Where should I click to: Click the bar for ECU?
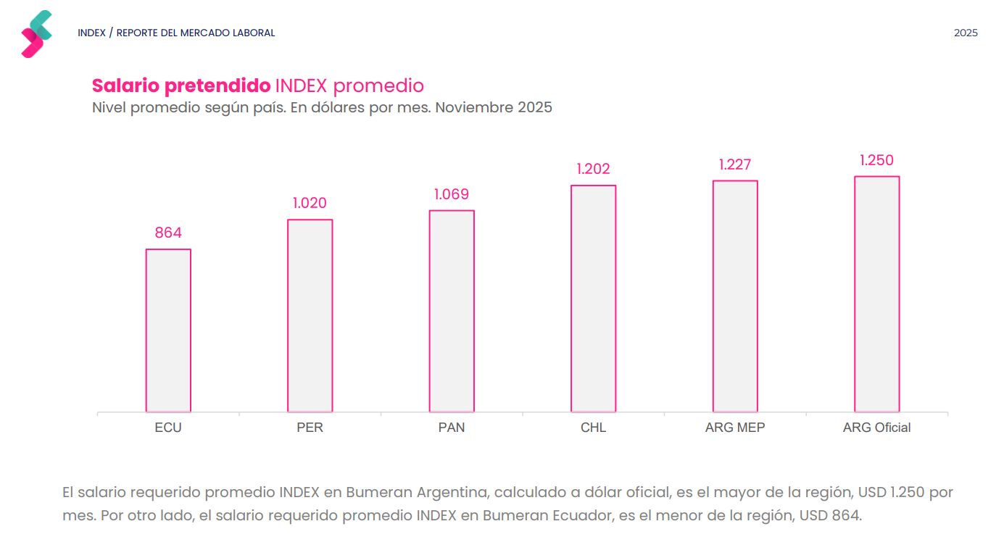(x=168, y=330)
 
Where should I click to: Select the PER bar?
(x=310, y=316)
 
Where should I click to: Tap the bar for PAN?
(x=452, y=312)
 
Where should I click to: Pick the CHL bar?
(x=593, y=299)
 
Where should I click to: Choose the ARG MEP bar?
(x=735, y=296)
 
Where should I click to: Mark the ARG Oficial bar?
(x=876, y=294)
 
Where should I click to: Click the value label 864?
(x=168, y=233)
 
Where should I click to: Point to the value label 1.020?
(x=310, y=203)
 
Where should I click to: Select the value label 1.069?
(x=452, y=194)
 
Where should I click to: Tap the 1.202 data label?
(x=593, y=169)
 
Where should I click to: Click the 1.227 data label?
(x=735, y=165)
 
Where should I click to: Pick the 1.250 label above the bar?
(x=876, y=160)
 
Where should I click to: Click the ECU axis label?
(x=168, y=428)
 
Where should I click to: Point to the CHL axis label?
(x=593, y=428)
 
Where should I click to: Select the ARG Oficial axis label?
(x=876, y=428)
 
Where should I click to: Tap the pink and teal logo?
(x=36, y=34)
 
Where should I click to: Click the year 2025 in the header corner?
(x=966, y=33)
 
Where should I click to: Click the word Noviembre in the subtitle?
(x=473, y=108)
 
